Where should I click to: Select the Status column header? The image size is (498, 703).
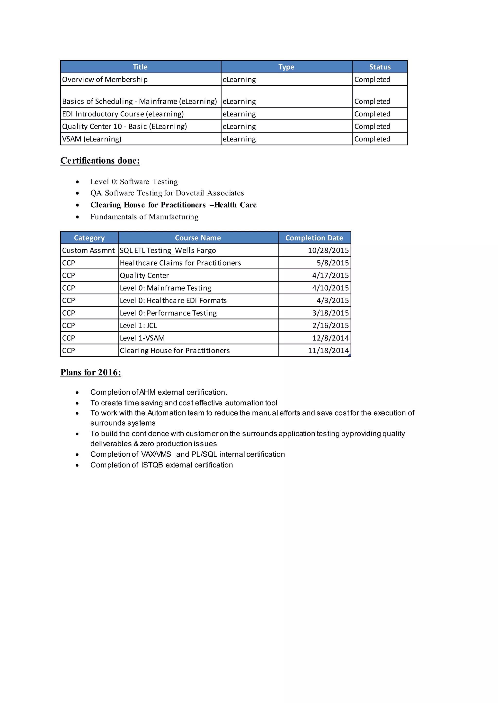click(380, 67)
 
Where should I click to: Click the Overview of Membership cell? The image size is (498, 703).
click(105, 80)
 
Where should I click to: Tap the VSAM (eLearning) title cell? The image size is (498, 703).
click(92, 139)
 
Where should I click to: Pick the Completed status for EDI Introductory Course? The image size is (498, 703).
click(372, 114)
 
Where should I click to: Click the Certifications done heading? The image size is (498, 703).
click(100, 161)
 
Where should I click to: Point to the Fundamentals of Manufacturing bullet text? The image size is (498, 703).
click(144, 217)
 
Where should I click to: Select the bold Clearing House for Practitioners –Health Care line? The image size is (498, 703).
click(173, 205)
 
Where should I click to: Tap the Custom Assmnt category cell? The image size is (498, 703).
click(88, 251)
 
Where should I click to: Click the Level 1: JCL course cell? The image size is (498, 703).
click(138, 326)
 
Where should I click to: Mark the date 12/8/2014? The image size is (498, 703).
click(330, 338)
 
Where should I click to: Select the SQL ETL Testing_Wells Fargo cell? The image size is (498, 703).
click(168, 251)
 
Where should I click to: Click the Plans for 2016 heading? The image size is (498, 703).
click(91, 373)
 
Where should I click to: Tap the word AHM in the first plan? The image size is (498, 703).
click(147, 392)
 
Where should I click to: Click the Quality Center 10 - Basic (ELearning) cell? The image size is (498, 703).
click(124, 126)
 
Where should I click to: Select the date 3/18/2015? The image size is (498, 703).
click(330, 313)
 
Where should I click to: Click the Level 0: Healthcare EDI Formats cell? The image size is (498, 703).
click(173, 300)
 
